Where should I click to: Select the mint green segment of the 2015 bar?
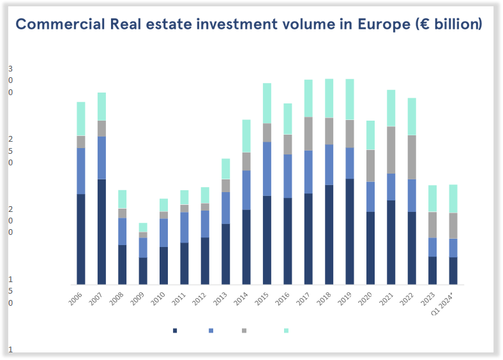tap(267, 103)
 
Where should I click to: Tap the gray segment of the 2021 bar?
tap(391, 150)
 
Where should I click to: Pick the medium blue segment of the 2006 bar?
tap(81, 170)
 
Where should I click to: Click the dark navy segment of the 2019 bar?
tap(350, 232)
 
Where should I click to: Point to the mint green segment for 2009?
tap(143, 227)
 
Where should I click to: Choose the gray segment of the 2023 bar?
tap(432, 225)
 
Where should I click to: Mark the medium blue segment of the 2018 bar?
tap(329, 165)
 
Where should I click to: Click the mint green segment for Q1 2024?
tap(453, 199)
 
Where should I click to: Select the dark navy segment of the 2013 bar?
tap(225, 254)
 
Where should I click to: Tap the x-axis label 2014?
tap(241, 299)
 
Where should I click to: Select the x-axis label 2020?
tap(364, 299)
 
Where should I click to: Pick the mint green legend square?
tap(286, 331)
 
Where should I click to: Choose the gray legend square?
tap(244, 331)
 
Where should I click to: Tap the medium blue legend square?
tap(211, 331)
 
